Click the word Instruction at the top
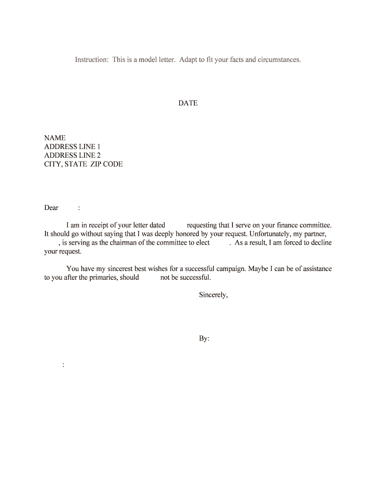point(91,60)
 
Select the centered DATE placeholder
point(188,103)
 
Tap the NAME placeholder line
point(55,138)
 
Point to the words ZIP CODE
point(107,164)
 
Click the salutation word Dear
point(51,208)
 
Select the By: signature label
point(204,338)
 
